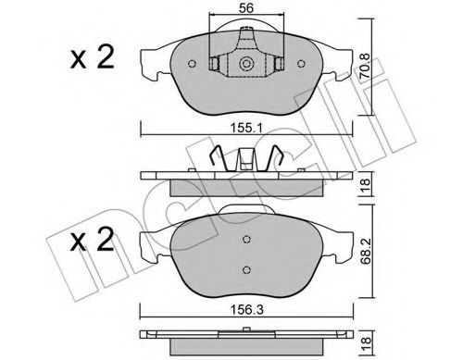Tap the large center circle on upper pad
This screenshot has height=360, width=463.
pyautogui.click(x=247, y=65)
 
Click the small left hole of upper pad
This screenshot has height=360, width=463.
pyautogui.click(x=191, y=65)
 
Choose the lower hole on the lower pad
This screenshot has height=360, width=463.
pyautogui.click(x=246, y=269)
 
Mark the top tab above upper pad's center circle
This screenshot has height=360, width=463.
pyautogui.click(x=247, y=39)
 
